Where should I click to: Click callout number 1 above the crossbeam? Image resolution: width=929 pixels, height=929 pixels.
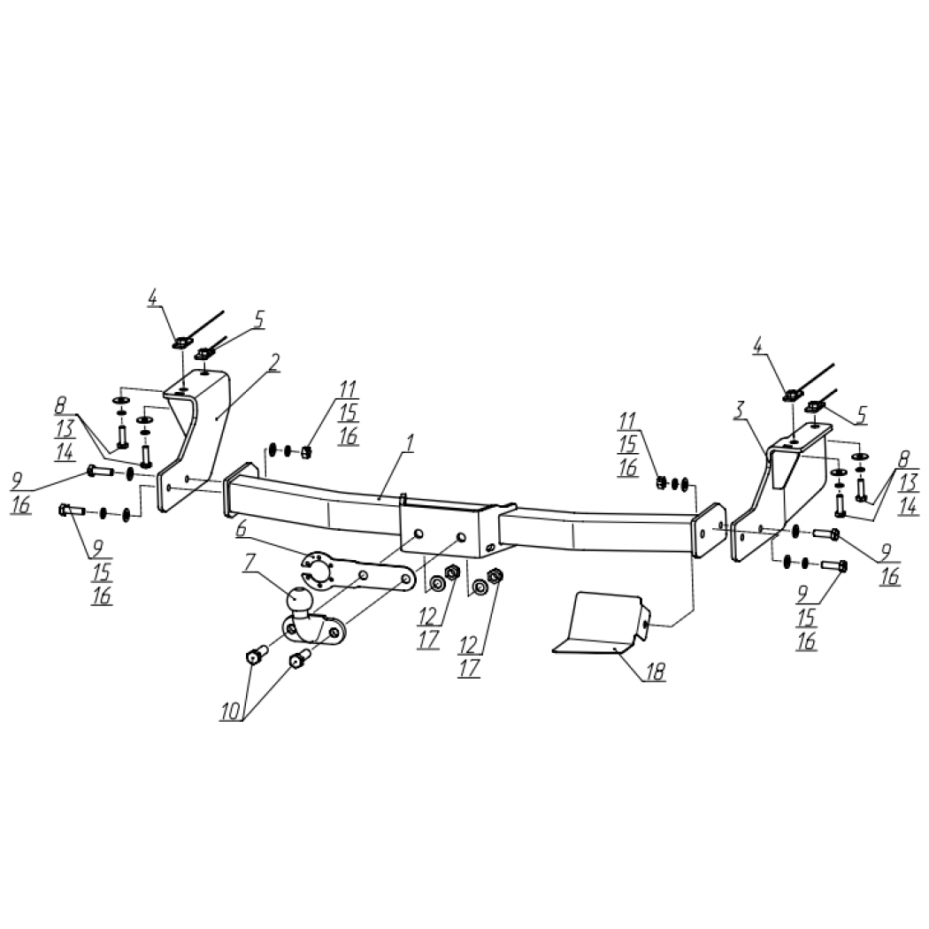(x=410, y=443)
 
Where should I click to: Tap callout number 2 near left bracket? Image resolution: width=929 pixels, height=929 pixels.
(x=273, y=363)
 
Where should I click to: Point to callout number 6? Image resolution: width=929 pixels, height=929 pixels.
(x=241, y=529)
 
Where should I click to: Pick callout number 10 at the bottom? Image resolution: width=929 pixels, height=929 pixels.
(x=232, y=710)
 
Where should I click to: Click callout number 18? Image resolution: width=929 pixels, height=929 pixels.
(x=656, y=672)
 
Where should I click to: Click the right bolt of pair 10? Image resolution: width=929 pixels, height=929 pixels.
(x=300, y=657)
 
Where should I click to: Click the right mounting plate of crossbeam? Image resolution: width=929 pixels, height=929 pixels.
(x=709, y=530)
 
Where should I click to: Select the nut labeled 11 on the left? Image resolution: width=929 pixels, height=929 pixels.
(x=306, y=452)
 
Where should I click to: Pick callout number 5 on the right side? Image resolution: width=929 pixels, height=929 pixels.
(x=862, y=414)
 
